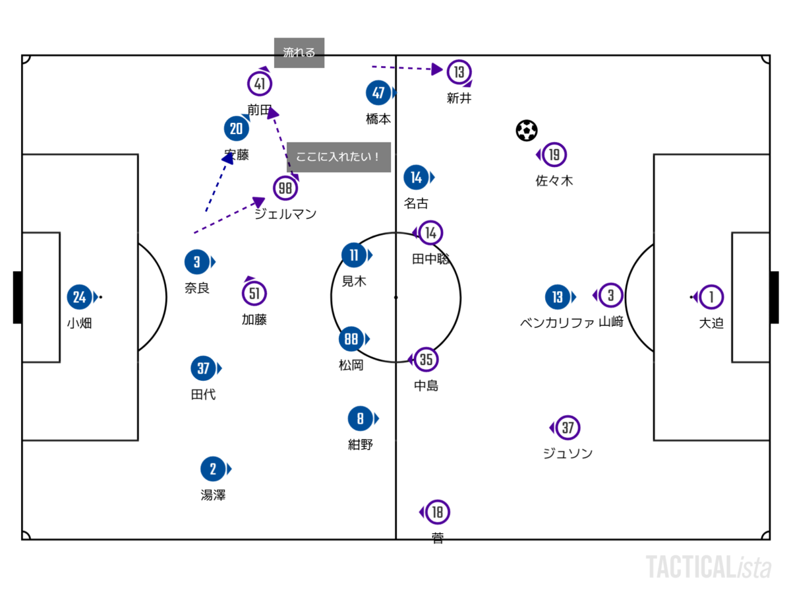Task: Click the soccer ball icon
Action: [527, 131]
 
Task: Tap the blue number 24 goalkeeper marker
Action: [80, 297]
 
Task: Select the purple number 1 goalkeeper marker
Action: [711, 297]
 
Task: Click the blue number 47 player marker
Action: [378, 93]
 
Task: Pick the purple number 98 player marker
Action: [285, 188]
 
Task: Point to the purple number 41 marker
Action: [260, 84]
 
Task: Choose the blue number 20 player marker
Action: [236, 129]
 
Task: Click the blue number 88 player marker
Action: [351, 339]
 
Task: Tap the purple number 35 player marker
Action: [426, 360]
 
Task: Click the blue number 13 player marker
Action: [558, 297]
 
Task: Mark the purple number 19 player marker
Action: [554, 154]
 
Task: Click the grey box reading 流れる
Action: [299, 53]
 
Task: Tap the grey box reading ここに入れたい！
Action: [339, 157]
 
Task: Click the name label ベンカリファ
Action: [557, 322]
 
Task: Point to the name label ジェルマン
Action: [285, 214]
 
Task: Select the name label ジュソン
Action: [568, 453]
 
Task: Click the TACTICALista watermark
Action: [709, 567]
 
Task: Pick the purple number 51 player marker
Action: [254, 294]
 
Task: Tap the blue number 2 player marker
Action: [213, 469]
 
